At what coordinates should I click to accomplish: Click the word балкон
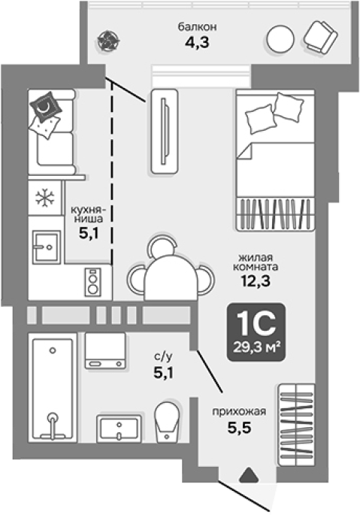pyautogui.click(x=197, y=26)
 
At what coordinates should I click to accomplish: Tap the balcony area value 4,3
pyautogui.click(x=197, y=42)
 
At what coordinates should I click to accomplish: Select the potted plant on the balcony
pyautogui.click(x=109, y=41)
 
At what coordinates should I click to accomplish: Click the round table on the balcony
pyautogui.click(x=280, y=39)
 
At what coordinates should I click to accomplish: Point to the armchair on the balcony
pyautogui.click(x=321, y=37)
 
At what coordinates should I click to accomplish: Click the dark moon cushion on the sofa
pyautogui.click(x=45, y=106)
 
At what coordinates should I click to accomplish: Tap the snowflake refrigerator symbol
pyautogui.click(x=45, y=198)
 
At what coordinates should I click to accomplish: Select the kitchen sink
pyautogui.click(x=47, y=247)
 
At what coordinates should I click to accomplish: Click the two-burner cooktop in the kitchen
pyautogui.click(x=92, y=282)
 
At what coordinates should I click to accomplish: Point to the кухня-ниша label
pyautogui.click(x=87, y=214)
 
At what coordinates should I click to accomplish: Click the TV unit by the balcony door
pyautogui.click(x=165, y=131)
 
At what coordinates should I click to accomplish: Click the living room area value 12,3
pyautogui.click(x=256, y=280)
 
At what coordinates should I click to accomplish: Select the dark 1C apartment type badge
pyautogui.click(x=256, y=332)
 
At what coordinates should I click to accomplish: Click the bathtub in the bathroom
pyautogui.click(x=53, y=389)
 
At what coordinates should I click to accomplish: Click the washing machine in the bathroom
pyautogui.click(x=105, y=350)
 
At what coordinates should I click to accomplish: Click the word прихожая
pyautogui.click(x=239, y=411)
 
